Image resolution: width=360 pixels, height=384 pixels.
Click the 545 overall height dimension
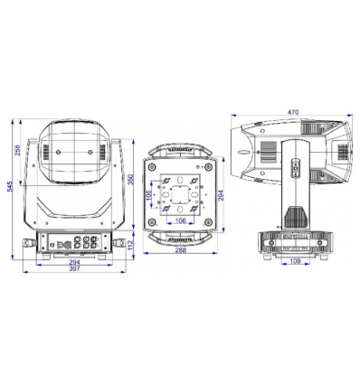click(10, 186)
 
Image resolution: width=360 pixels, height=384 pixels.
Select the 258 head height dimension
click(18, 150)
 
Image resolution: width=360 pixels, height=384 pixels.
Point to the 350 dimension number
click(131, 180)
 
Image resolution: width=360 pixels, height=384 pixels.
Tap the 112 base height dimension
click(130, 245)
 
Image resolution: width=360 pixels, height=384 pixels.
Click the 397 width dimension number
click(74, 268)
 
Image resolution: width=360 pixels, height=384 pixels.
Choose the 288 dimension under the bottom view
click(180, 249)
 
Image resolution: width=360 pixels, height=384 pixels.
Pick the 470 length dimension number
click(293, 112)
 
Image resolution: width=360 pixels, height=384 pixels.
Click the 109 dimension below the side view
click(295, 261)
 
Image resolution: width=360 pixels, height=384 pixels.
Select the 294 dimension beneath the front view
click(74, 262)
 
